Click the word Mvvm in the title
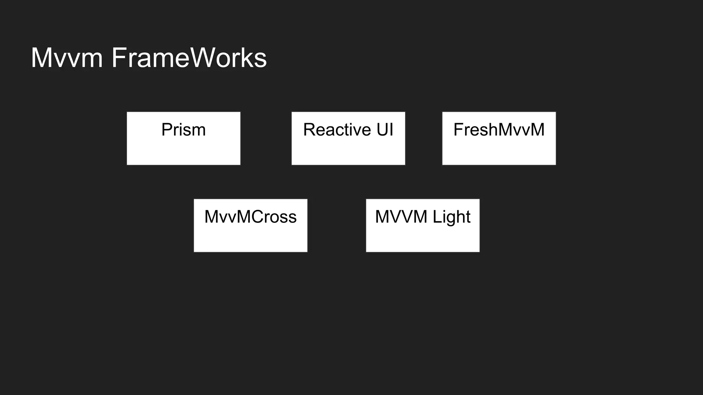pos(67,58)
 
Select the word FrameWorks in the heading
pos(189,58)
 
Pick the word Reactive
pos(336,130)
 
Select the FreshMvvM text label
pos(499,130)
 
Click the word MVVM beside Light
pos(401,217)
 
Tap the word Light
pos(451,217)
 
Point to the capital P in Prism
pos(166,130)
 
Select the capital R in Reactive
pos(309,130)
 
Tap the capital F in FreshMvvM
pos(458,130)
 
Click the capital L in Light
pos(436,217)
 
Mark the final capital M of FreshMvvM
pos(537,130)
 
